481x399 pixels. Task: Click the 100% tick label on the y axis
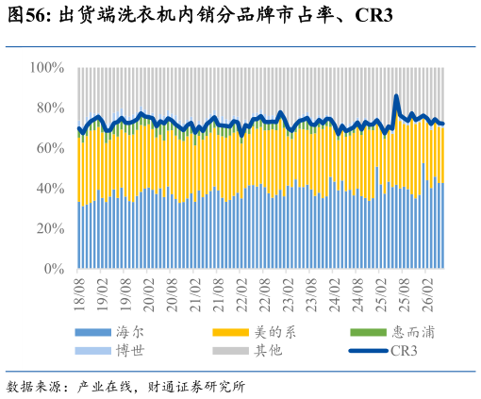point(47,68)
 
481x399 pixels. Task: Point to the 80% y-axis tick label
point(50,108)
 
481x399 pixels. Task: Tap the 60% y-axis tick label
point(50,148)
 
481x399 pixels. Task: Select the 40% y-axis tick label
point(50,189)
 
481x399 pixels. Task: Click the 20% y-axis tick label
point(50,228)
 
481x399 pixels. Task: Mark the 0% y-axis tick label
point(54,269)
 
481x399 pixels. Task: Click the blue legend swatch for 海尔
point(93,332)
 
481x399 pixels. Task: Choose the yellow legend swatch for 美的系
point(231,332)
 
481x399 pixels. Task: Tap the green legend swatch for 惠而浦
point(369,332)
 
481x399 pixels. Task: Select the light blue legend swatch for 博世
point(93,351)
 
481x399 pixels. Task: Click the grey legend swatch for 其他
point(231,351)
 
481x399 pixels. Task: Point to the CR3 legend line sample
point(369,351)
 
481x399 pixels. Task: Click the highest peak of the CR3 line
point(396,96)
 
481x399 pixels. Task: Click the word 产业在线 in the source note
point(105,387)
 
